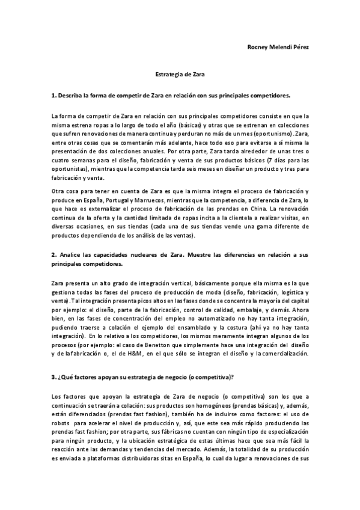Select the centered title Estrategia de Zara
click(180, 76)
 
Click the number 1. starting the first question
click(53, 96)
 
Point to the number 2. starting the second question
click(54, 254)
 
